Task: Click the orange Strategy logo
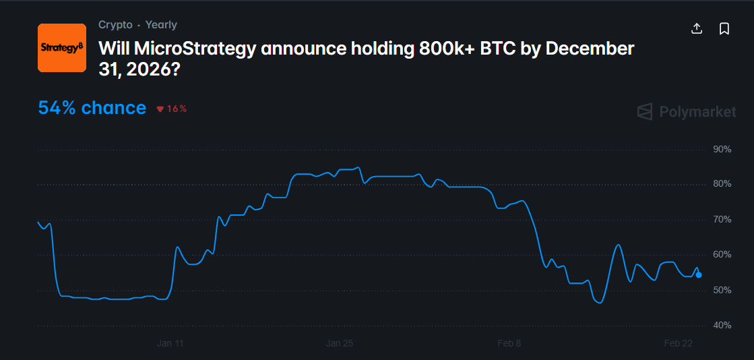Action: [61, 48]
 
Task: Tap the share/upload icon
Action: [697, 28]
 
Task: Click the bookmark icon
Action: [724, 28]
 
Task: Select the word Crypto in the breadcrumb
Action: [115, 25]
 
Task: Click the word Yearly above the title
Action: [161, 25]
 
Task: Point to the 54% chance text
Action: [92, 108]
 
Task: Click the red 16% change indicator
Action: [172, 109]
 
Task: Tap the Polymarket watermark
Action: [687, 112]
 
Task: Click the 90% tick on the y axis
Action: [722, 149]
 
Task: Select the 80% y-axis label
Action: [722, 184]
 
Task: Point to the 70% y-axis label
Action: [722, 220]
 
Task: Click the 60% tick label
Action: [722, 255]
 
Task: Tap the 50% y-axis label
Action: [722, 290]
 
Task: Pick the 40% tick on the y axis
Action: [722, 326]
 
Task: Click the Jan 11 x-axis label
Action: [170, 343]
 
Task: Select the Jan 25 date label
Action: [339, 343]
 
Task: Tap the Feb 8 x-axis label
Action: [509, 343]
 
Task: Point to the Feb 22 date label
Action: [678, 343]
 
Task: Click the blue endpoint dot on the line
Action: [698, 275]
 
